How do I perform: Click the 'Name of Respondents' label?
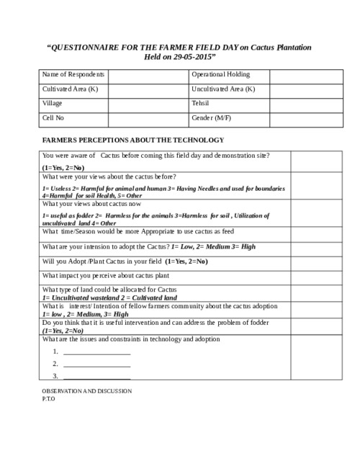[x=73, y=75]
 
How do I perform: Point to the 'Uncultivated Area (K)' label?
[x=223, y=89]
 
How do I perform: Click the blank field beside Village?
[x=149, y=104]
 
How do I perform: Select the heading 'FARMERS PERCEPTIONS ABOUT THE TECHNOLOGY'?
[x=133, y=140]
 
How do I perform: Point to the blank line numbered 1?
[x=96, y=353]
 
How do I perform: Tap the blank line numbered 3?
[x=96, y=377]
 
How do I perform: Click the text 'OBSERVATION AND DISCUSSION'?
[x=87, y=391]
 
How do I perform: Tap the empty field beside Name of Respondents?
[x=149, y=75]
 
